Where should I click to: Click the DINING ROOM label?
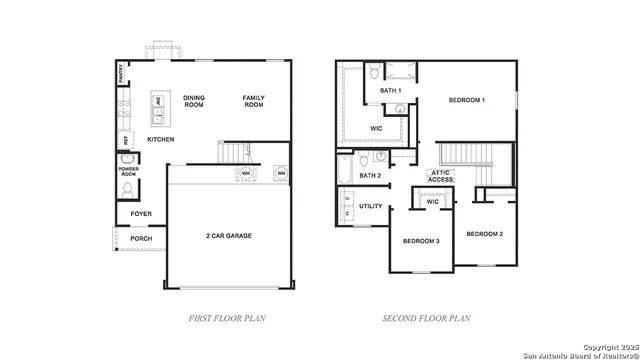click(x=194, y=101)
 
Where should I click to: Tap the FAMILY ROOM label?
click(x=254, y=101)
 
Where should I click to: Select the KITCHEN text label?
click(x=161, y=139)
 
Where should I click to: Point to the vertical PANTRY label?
click(x=121, y=72)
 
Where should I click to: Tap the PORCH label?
click(x=141, y=238)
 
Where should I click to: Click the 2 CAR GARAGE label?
click(x=230, y=236)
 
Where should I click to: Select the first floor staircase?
click(x=232, y=153)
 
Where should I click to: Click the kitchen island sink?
click(x=158, y=103)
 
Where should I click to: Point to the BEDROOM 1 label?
click(x=466, y=100)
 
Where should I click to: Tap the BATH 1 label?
click(x=390, y=91)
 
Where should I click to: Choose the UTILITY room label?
click(x=371, y=206)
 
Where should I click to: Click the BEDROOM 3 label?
click(x=421, y=241)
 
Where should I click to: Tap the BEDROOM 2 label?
click(x=484, y=233)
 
